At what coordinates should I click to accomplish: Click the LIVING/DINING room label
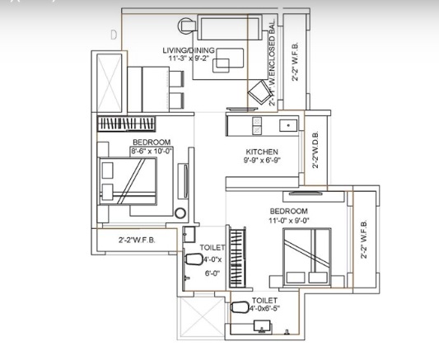tap(188, 50)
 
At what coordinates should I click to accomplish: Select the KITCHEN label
tap(262, 152)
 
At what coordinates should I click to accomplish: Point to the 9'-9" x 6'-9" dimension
tap(262, 161)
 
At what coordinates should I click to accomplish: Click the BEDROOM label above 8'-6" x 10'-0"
tap(151, 143)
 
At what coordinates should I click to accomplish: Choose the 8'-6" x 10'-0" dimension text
tap(151, 152)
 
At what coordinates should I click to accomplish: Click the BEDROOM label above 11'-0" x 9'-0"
tap(288, 212)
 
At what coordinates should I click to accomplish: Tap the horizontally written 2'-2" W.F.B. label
tap(139, 241)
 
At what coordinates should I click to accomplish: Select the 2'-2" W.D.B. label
tap(315, 151)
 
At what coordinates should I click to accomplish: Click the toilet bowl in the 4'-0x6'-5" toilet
tap(240, 309)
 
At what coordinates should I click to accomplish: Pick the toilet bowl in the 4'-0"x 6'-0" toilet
tap(192, 259)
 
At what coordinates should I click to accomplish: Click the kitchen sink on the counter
tap(287, 126)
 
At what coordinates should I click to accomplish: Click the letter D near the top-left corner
tap(114, 35)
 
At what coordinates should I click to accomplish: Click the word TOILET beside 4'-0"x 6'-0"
tap(212, 247)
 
